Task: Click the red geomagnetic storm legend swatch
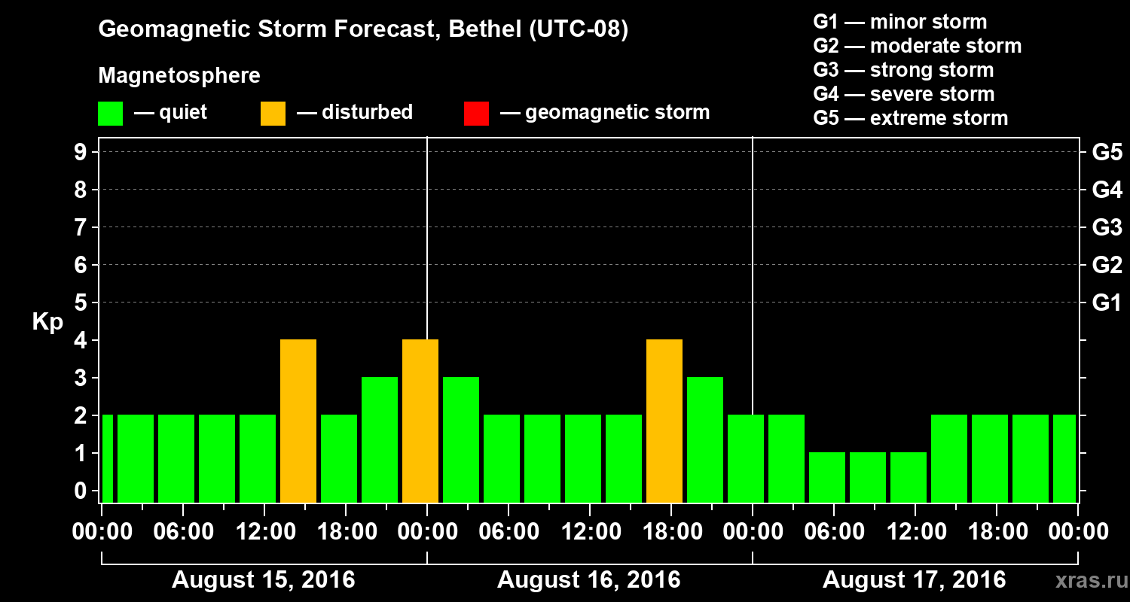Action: pos(476,113)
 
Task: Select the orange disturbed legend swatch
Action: pos(273,113)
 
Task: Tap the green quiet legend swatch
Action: pos(110,113)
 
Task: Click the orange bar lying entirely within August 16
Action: pos(664,421)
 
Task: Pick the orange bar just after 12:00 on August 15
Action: pos(298,421)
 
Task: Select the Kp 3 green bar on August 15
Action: pos(380,439)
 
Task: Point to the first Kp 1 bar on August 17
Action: pos(827,477)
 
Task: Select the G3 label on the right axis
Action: pos(1107,227)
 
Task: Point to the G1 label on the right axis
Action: pos(1107,303)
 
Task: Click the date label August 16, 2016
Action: pos(588,580)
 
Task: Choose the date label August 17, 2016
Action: pos(914,580)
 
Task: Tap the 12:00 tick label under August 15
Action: pos(263,532)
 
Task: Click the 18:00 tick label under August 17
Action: pos(995,532)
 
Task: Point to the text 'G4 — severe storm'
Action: pos(904,94)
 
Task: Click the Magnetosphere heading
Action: pos(179,76)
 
